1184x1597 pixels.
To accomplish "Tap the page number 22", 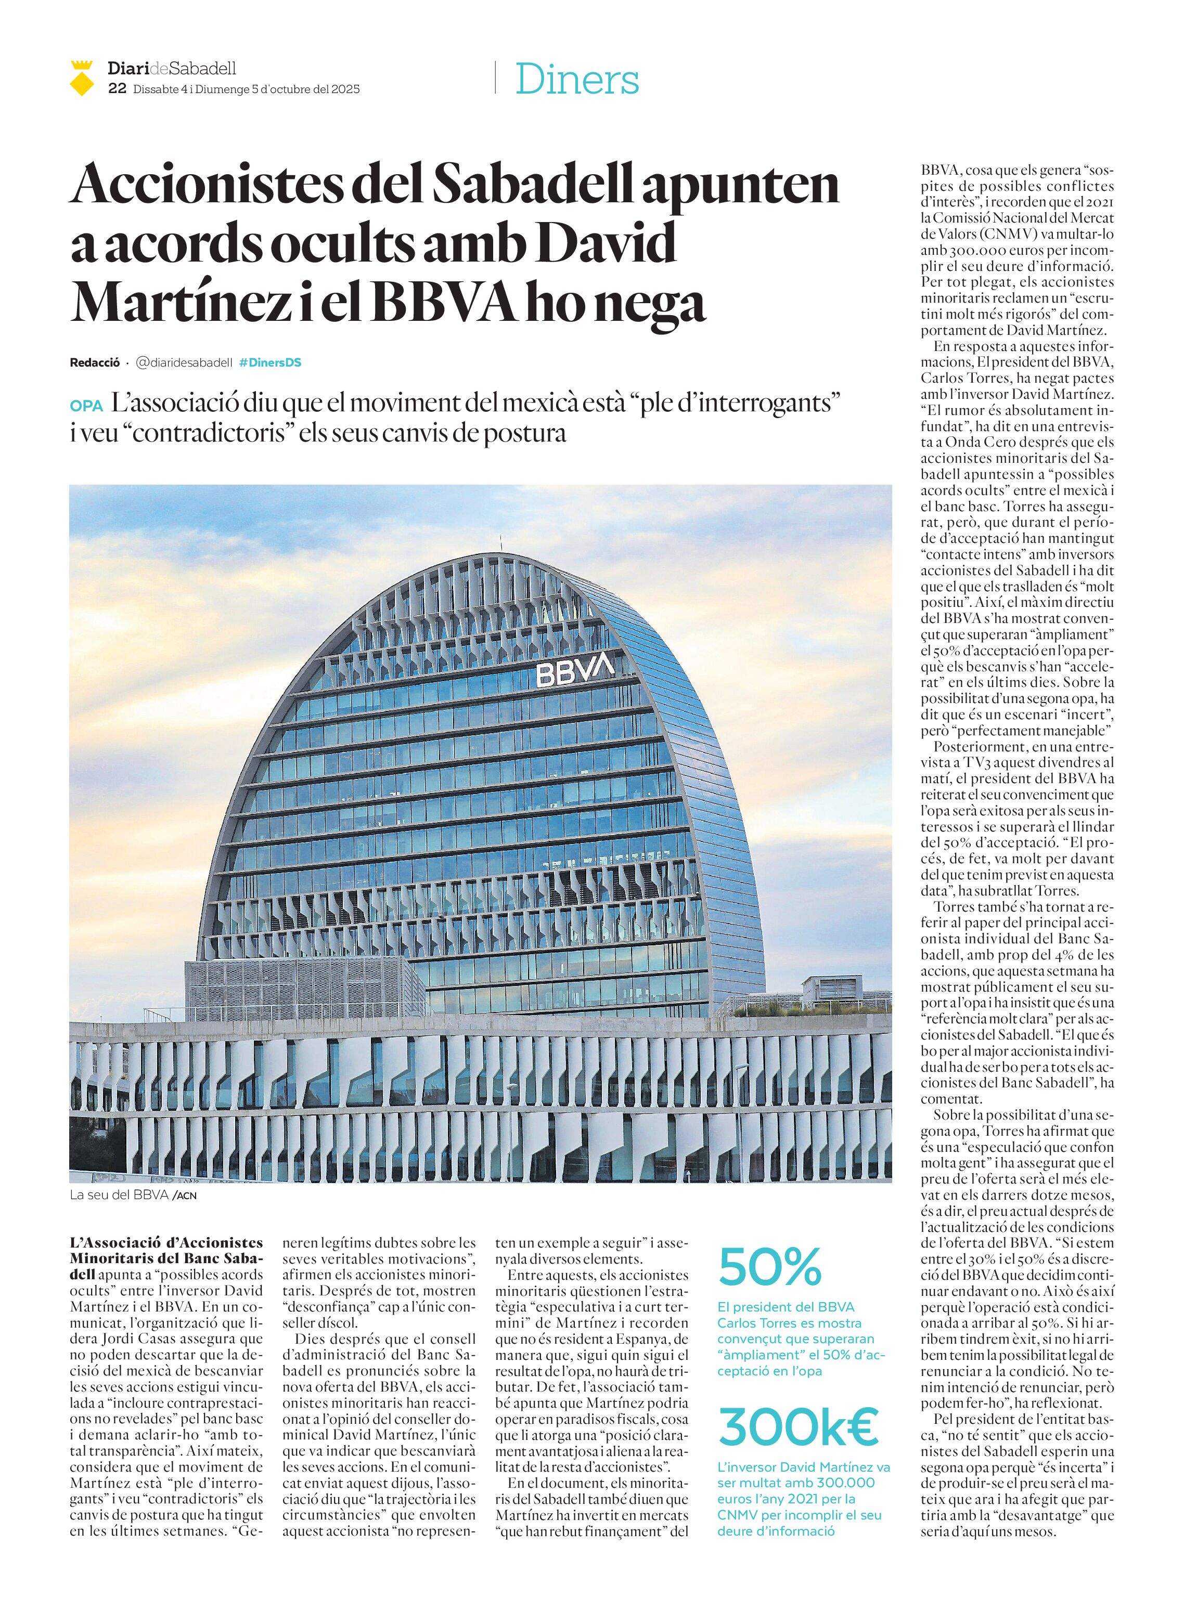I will (118, 89).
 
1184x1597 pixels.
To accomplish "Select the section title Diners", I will (577, 80).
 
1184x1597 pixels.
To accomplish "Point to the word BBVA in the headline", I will (444, 303).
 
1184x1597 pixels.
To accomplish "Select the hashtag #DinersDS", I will (270, 362).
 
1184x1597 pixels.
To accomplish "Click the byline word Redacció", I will (95, 362).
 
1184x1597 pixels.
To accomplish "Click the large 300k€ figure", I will (797, 1427).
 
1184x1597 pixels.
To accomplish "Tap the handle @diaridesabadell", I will (184, 362).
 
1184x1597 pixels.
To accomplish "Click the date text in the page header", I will (247, 89).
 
